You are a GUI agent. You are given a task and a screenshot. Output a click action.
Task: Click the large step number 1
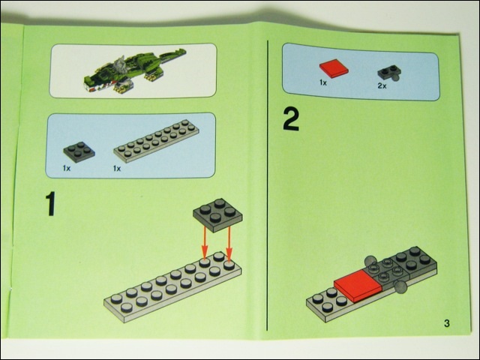click(x=51, y=204)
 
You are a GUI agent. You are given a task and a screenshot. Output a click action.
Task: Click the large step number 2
click(x=291, y=120)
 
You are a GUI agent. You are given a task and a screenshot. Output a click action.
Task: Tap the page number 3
click(x=447, y=323)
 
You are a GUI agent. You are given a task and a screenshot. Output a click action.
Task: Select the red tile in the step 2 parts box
click(x=334, y=68)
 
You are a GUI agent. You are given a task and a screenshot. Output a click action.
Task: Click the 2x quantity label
click(x=382, y=85)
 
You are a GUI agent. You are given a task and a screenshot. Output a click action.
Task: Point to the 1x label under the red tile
click(x=323, y=82)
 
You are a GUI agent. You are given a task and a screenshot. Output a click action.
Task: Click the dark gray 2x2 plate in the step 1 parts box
click(x=79, y=152)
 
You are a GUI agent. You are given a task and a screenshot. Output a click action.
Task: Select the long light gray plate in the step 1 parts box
click(x=157, y=141)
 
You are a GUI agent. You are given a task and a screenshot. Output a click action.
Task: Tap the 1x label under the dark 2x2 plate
click(x=67, y=168)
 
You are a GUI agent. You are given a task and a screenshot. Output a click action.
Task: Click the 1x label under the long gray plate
click(x=117, y=168)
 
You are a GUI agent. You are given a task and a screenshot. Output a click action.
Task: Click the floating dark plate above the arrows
click(x=217, y=215)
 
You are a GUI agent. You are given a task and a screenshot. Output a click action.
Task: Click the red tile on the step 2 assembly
click(x=358, y=285)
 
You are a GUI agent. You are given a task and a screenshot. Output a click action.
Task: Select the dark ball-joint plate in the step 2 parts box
click(x=389, y=73)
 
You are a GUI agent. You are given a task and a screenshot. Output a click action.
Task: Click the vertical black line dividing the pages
click(x=268, y=185)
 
